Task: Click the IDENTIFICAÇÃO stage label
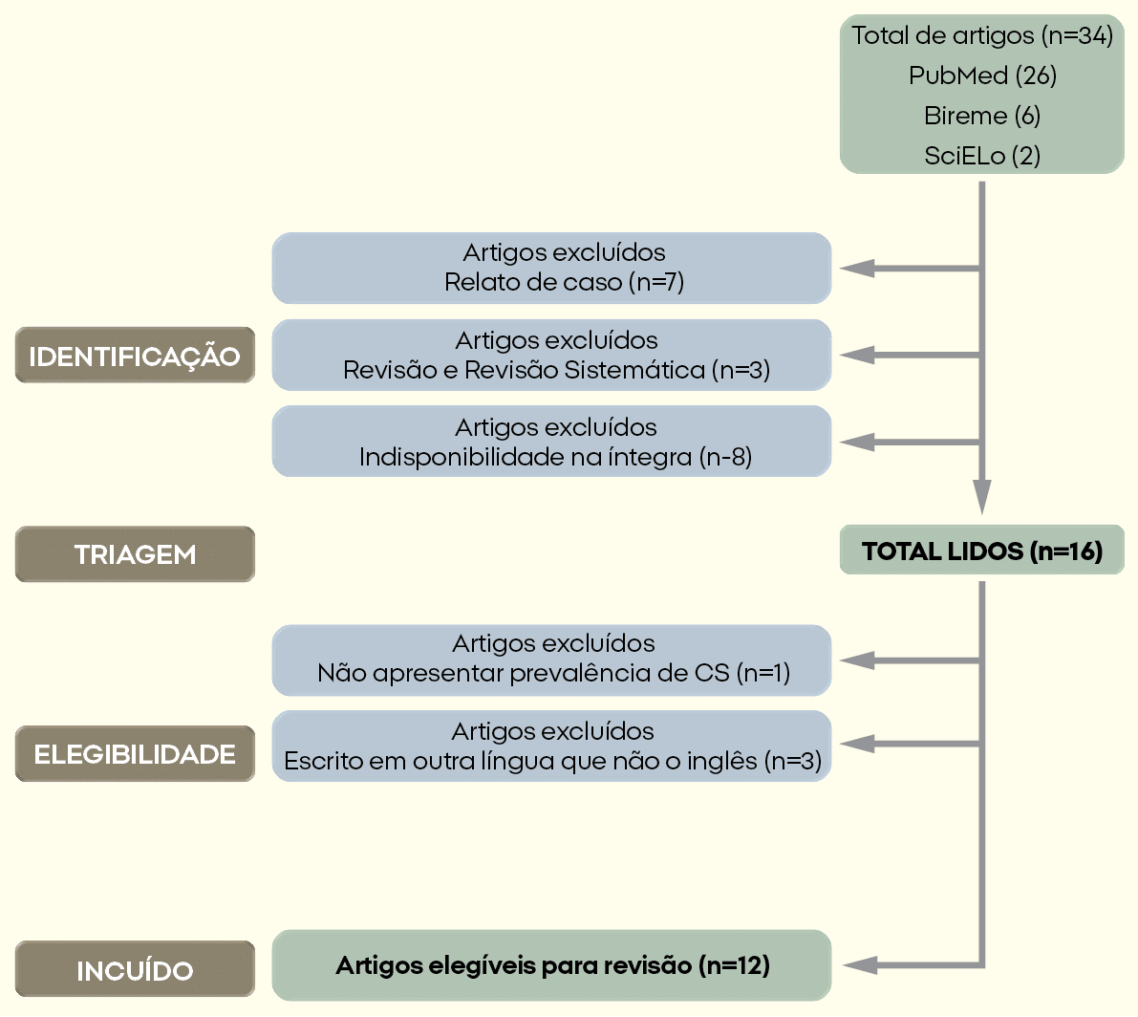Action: coord(135,356)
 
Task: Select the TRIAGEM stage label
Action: coord(135,554)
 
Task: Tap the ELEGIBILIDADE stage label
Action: coord(135,754)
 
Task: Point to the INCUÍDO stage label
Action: coord(135,970)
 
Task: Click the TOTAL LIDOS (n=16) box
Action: coord(981,551)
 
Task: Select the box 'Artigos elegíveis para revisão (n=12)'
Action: coord(551,965)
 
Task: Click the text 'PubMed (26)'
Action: coord(982,76)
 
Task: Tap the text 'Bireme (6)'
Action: coord(982,116)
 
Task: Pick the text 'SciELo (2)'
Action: coord(982,156)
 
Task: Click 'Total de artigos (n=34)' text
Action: coord(982,36)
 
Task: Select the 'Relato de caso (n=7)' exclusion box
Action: coord(551,269)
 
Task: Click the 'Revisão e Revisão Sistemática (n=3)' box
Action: coord(551,356)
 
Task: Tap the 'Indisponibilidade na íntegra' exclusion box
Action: coord(551,442)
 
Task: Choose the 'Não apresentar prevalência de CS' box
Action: coord(551,660)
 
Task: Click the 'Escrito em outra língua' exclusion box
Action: coord(551,746)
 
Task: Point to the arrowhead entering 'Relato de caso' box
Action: coord(855,269)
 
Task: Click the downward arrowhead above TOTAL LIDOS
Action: coord(982,497)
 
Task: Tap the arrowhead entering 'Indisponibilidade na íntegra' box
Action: coord(855,442)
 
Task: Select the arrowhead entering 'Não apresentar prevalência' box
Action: coord(855,660)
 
